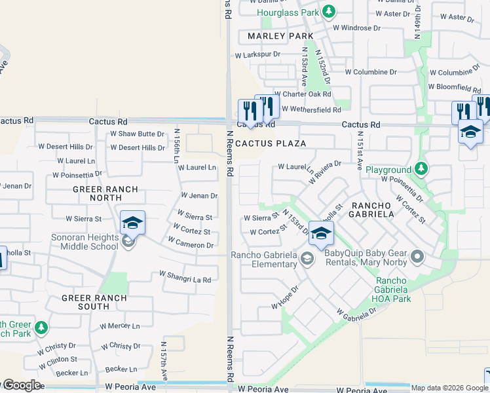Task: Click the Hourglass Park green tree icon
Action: click(330, 12)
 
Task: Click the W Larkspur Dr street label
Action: click(258, 54)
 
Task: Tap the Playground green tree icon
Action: click(421, 170)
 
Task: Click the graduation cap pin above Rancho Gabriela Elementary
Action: click(321, 233)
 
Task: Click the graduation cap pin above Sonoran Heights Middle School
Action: click(132, 223)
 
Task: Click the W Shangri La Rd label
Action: click(185, 280)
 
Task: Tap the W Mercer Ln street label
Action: click(119, 326)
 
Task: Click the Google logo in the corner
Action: click(21, 385)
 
